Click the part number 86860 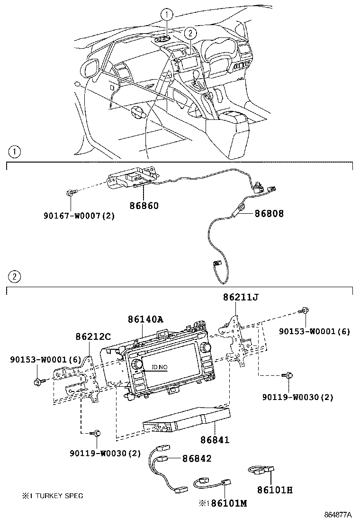click(144, 206)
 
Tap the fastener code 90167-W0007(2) click(78, 216)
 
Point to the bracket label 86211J click(241, 297)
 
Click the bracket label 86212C click(93, 336)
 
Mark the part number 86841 click(214, 440)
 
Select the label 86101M click(229, 503)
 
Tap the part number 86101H click(275, 490)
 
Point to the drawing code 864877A click(338, 515)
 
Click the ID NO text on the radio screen click(160, 367)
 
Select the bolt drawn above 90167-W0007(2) click(70, 193)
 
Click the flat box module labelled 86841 click(187, 420)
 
